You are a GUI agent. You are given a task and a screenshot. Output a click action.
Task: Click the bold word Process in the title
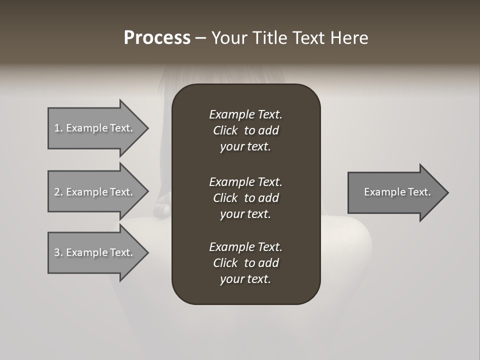(x=157, y=38)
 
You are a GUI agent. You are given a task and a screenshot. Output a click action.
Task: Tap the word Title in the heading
(x=269, y=38)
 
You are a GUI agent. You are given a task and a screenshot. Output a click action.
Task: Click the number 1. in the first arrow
(x=58, y=128)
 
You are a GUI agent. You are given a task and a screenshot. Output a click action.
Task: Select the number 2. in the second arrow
(x=58, y=192)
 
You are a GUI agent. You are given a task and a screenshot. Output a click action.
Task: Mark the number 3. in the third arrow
(x=58, y=252)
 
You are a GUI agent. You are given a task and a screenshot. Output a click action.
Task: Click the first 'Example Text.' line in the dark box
(x=245, y=114)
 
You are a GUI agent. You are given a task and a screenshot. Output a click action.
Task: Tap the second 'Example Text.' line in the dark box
(x=245, y=182)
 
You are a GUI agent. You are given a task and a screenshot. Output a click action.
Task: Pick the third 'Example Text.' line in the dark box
(x=245, y=247)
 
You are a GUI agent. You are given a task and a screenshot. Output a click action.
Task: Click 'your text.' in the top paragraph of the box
(x=245, y=147)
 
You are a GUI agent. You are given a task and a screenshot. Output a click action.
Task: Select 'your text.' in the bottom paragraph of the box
(x=245, y=279)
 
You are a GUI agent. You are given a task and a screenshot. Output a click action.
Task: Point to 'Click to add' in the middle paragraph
(x=245, y=198)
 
